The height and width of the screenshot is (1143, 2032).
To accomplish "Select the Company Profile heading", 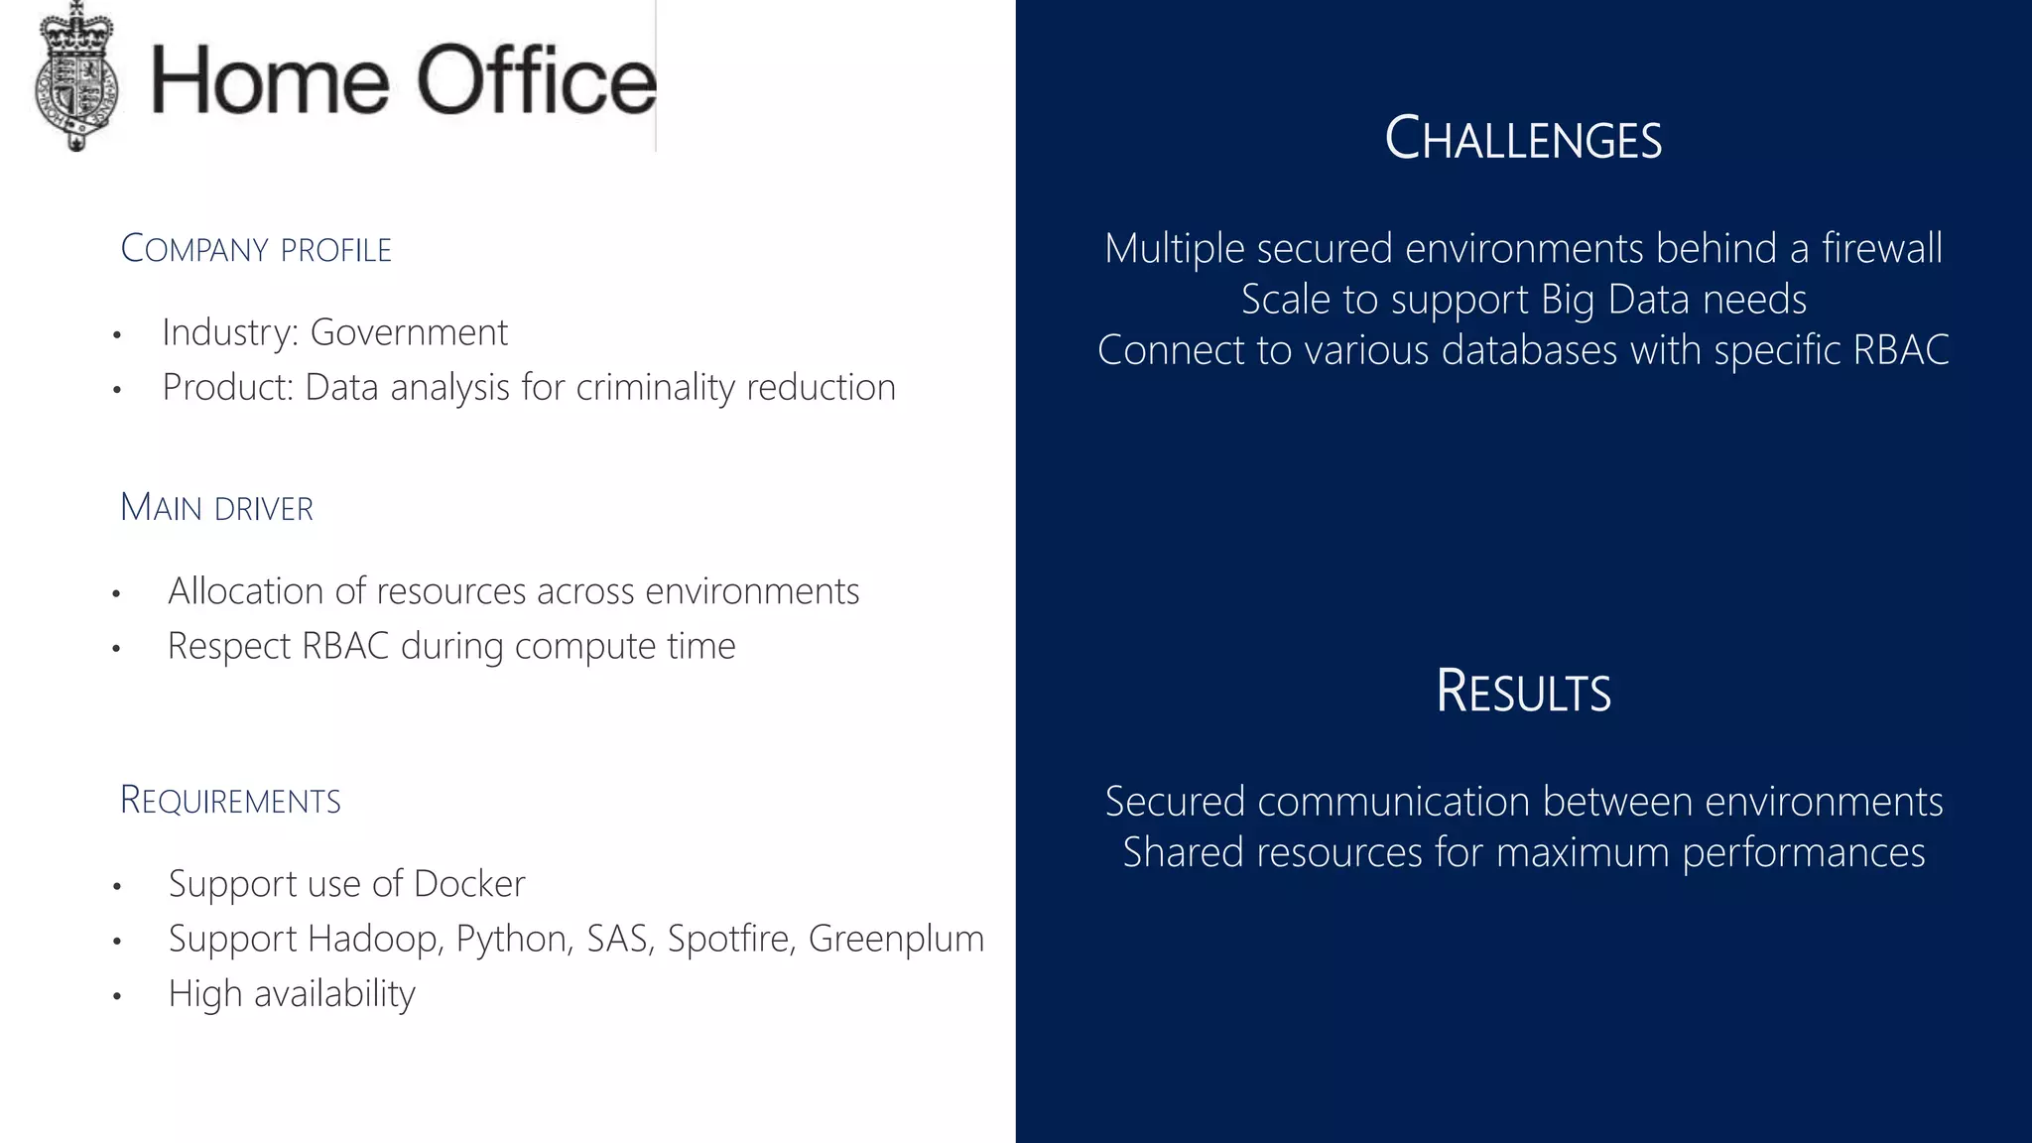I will pos(256,249).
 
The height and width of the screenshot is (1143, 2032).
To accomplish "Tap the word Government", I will pos(409,332).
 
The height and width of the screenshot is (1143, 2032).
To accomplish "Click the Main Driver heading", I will pos(216,508).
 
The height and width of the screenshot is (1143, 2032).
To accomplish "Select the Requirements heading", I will pos(230,801).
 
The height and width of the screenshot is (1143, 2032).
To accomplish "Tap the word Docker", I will pos(469,884).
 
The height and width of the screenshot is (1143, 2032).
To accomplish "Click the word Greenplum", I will pos(896,939).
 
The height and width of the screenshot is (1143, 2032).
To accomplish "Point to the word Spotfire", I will pos(730,939).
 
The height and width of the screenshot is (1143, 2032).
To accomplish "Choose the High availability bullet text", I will pos(292,993).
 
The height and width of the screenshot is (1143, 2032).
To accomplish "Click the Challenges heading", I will pos(1523,139).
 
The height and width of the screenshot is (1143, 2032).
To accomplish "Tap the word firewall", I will pos(1882,248).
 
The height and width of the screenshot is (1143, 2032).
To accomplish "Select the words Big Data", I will pos(1615,300).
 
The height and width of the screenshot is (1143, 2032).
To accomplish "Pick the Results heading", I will pos(1523,692).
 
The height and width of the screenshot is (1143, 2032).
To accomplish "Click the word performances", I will pos(1804,853).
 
